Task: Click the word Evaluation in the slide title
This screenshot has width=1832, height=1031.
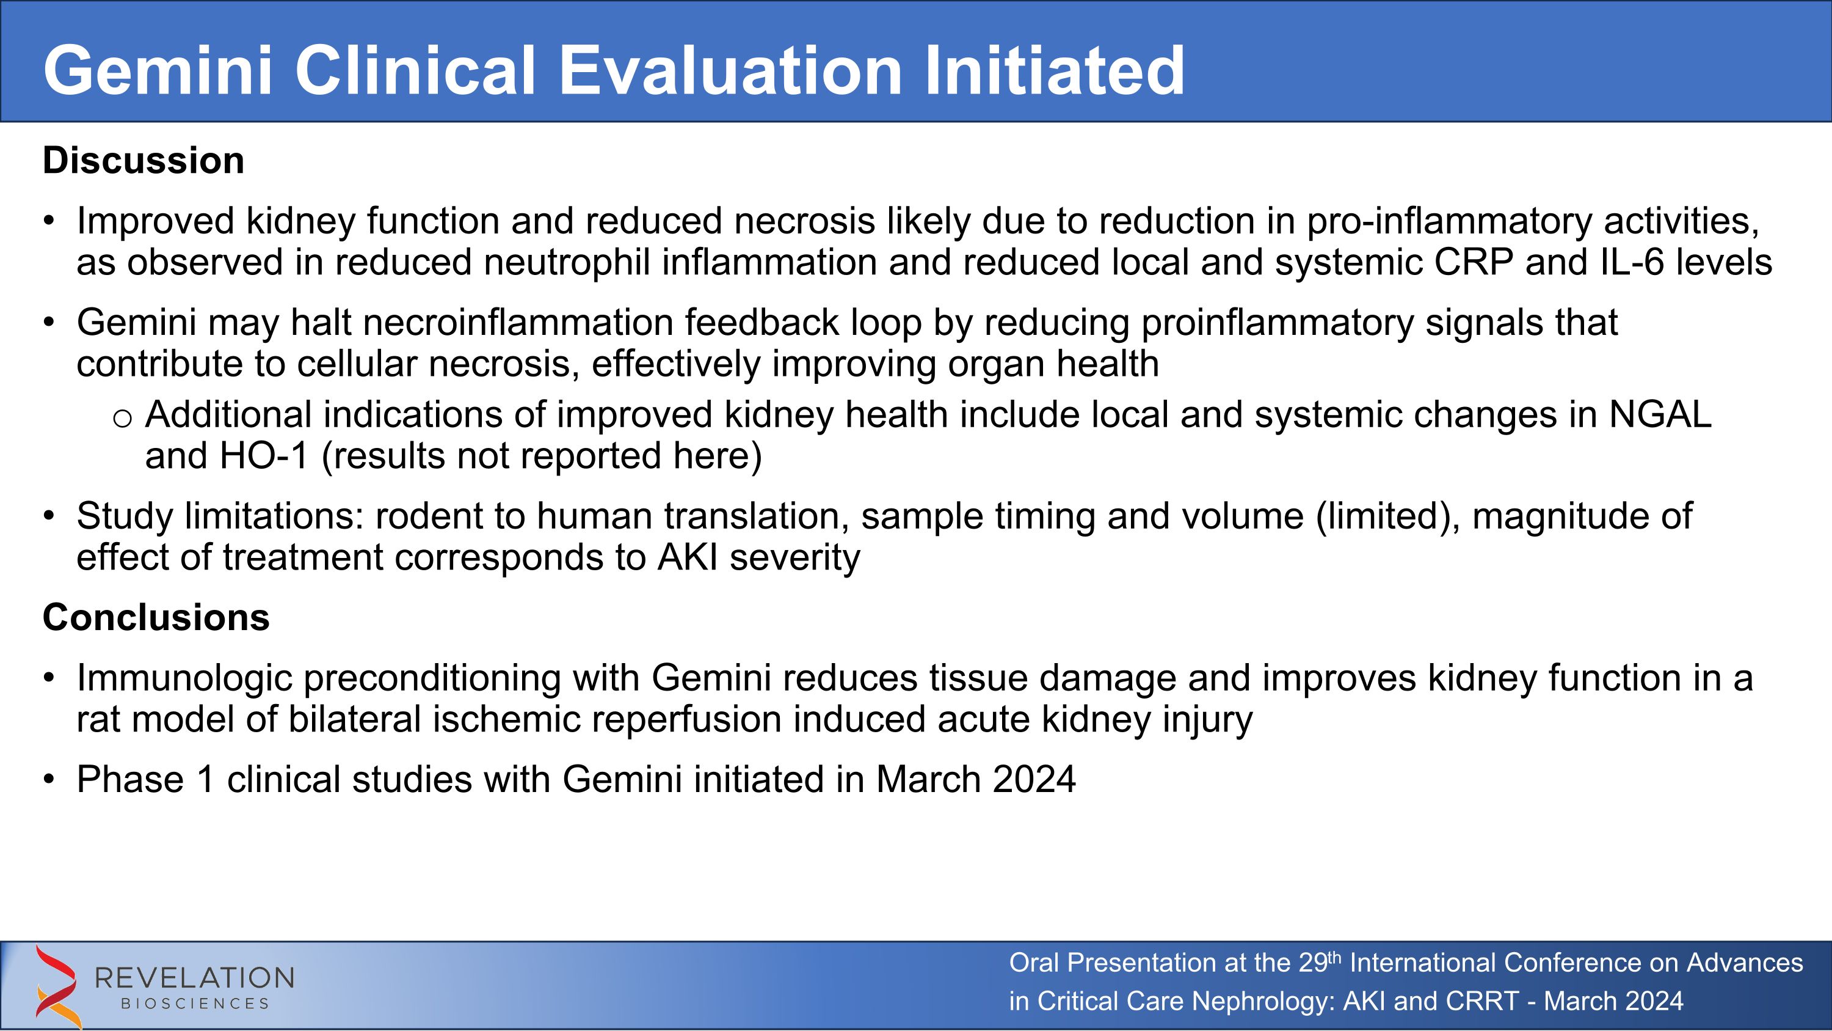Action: [x=730, y=71]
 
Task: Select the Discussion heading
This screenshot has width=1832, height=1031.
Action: [x=143, y=161]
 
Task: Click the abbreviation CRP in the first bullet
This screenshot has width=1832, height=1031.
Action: [x=1473, y=263]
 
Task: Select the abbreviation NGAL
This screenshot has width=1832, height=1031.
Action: [x=1659, y=415]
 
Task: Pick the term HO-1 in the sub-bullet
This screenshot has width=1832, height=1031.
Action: [x=264, y=456]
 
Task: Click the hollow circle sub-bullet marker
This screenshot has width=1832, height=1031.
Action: [x=122, y=419]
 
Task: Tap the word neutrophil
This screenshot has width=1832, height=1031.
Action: [x=567, y=263]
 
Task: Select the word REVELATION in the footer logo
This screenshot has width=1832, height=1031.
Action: [x=194, y=978]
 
